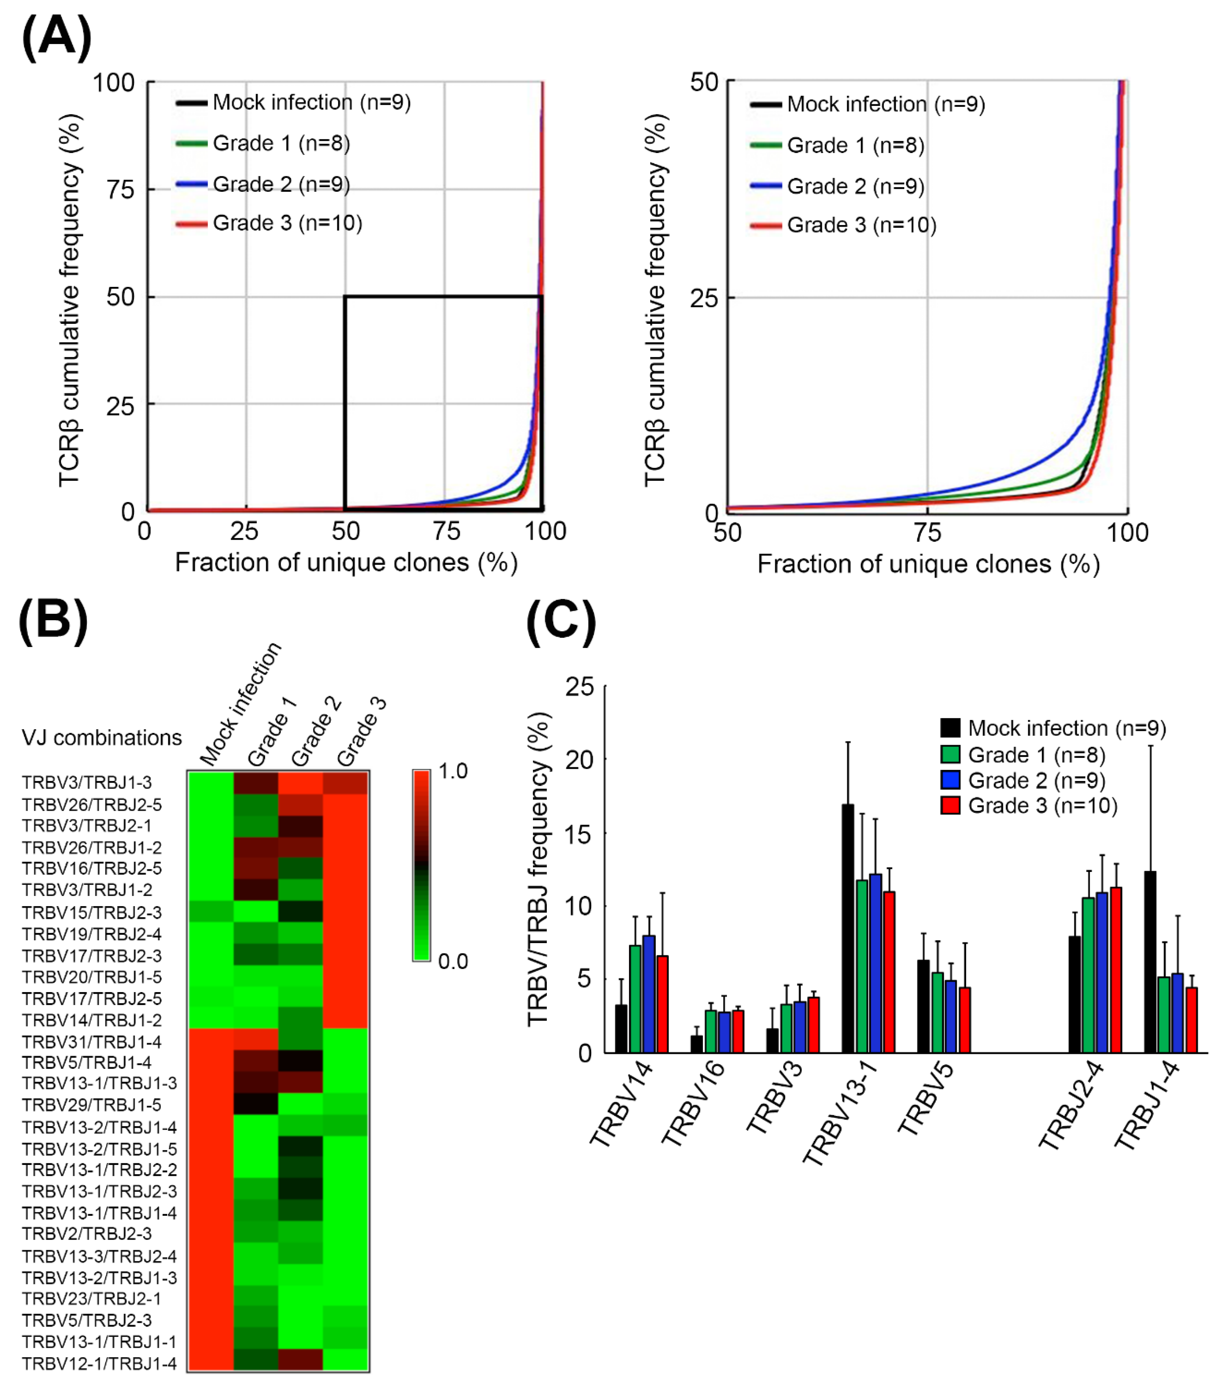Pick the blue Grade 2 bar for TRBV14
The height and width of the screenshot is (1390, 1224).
(649, 994)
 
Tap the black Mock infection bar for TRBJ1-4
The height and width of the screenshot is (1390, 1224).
(1150, 962)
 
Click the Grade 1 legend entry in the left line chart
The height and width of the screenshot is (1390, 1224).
(281, 143)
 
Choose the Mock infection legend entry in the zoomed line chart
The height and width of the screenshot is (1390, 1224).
(885, 104)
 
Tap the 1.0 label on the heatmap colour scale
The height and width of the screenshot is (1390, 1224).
(453, 771)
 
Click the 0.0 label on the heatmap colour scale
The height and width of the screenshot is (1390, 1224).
(453, 962)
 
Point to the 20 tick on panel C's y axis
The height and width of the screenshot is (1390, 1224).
(579, 760)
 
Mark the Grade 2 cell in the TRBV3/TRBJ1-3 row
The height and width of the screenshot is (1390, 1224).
(300, 783)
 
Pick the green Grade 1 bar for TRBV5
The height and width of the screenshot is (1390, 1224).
(937, 1013)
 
